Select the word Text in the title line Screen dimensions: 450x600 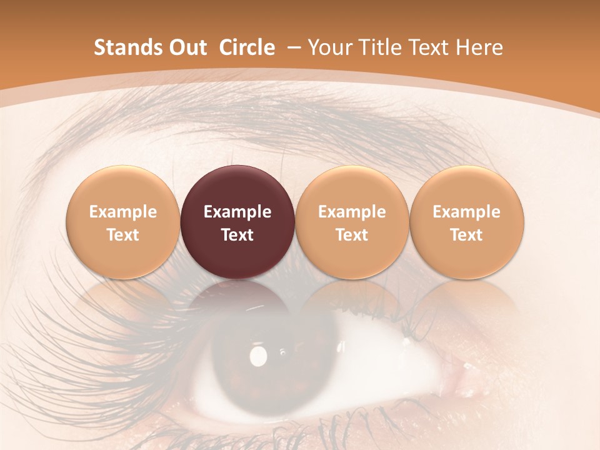(x=424, y=47)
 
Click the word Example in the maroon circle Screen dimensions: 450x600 (x=237, y=212)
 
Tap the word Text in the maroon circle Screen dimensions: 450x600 (x=237, y=235)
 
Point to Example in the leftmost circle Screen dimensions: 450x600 (x=122, y=212)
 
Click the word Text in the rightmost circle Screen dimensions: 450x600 (x=467, y=235)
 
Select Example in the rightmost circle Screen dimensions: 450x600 (x=467, y=212)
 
